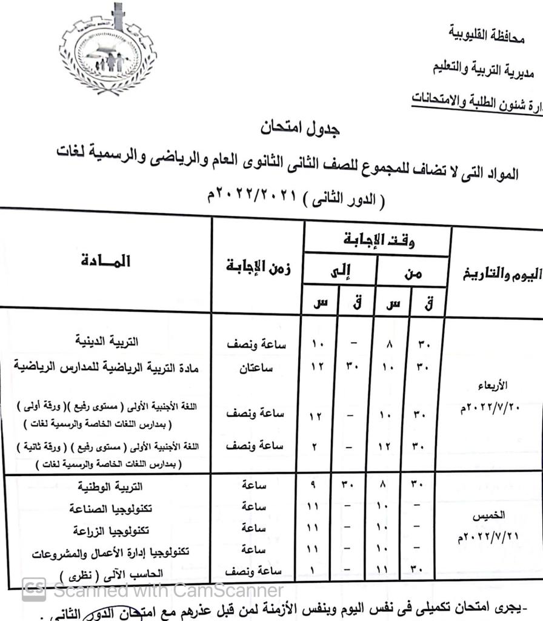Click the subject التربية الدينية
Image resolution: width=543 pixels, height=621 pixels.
(x=107, y=341)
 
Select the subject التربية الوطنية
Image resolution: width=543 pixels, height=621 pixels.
(x=111, y=486)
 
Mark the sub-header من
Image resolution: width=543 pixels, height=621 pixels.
(x=413, y=274)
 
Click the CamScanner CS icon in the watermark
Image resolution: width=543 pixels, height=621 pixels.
(x=34, y=588)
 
